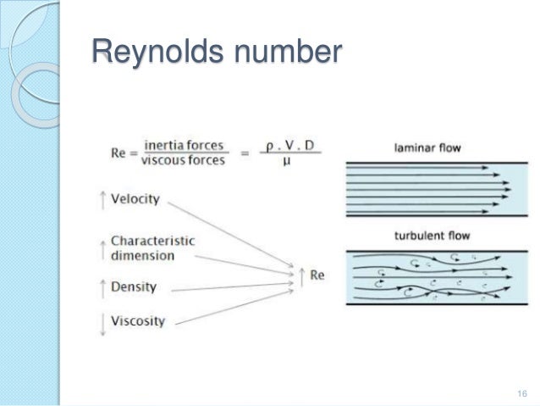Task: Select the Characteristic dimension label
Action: click(152, 247)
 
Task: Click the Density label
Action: click(134, 287)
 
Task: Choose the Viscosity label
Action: click(138, 322)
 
